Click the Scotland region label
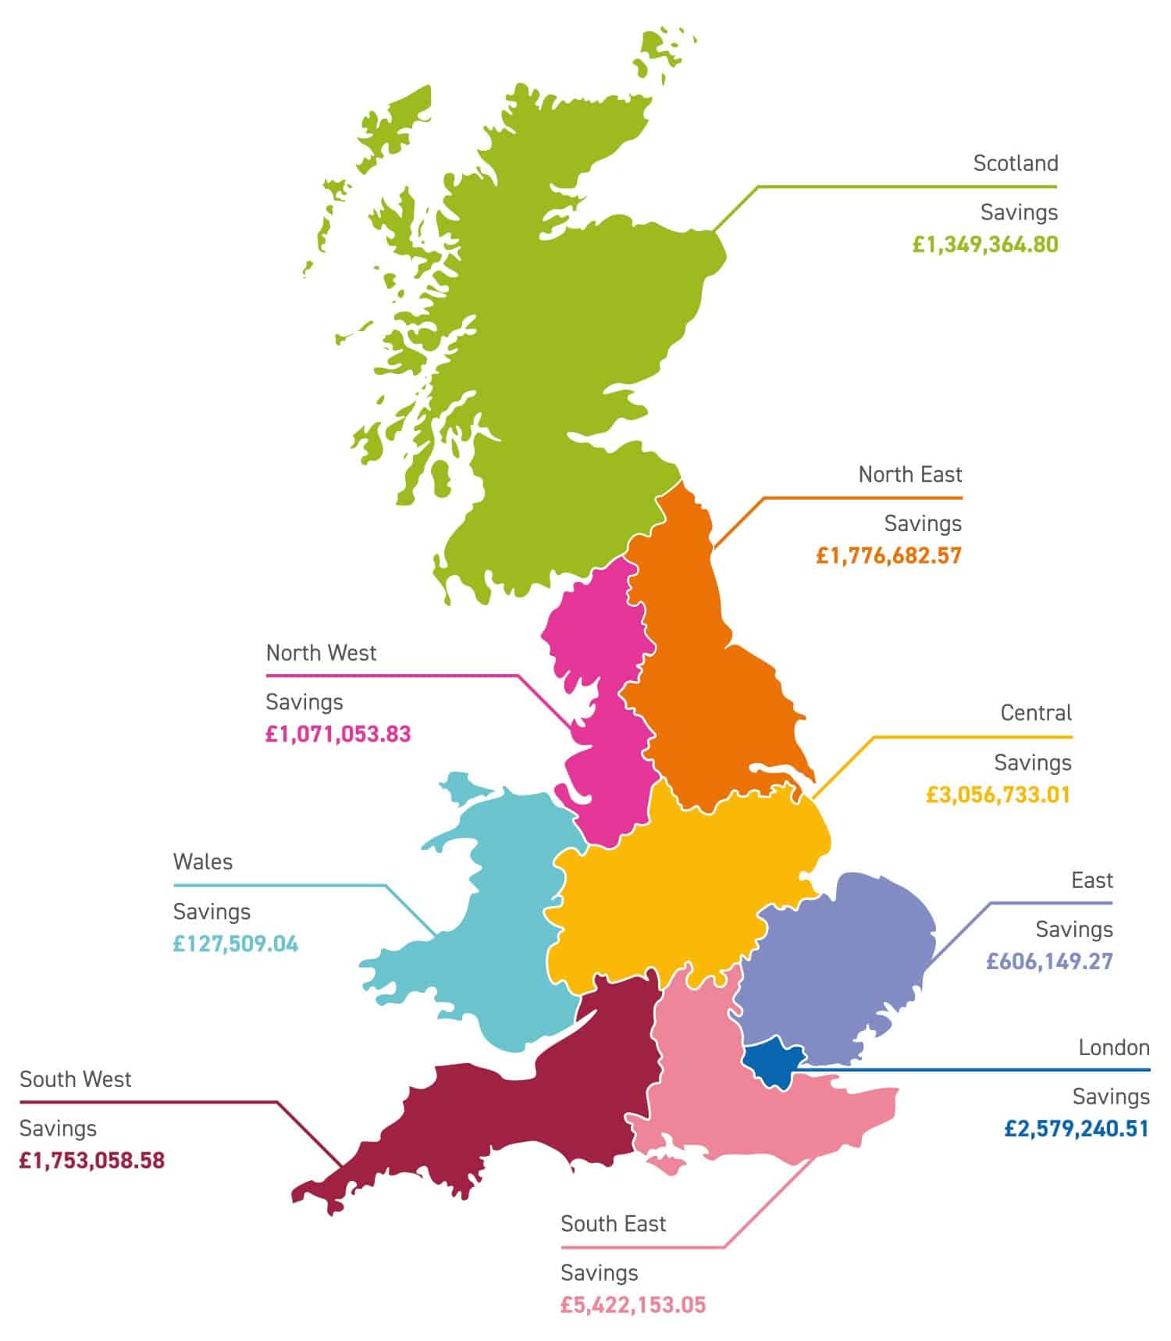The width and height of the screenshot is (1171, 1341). point(1015,163)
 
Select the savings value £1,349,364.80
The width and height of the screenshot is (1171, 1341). point(985,244)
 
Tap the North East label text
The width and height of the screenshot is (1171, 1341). point(910,474)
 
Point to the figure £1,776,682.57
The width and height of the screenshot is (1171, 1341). point(888,555)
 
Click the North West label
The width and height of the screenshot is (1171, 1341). point(321,652)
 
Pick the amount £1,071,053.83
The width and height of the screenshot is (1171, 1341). point(338,734)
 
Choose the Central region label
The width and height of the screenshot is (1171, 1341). point(1036,712)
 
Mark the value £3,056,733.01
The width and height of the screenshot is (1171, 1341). point(998,795)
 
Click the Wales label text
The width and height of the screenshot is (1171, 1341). point(203,861)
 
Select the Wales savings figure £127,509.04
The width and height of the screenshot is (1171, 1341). point(236,943)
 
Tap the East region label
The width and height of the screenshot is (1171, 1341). point(1091,880)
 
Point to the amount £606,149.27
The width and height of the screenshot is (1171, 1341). point(1049,961)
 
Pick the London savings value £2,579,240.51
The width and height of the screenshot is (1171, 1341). point(1077,1129)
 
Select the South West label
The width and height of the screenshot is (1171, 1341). point(76,1079)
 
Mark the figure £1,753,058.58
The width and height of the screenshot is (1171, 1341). point(92,1160)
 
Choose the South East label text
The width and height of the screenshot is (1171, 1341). point(613,1223)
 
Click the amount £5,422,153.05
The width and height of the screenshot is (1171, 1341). point(633,1304)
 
